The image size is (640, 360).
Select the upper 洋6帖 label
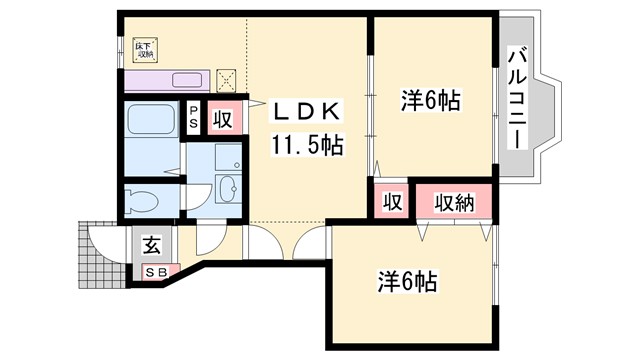[430, 102]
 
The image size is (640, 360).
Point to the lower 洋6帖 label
[408, 281]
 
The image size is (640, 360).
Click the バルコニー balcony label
[519, 97]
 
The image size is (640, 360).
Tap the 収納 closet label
[455, 201]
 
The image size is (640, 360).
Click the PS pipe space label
[192, 118]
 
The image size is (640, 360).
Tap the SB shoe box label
[157, 270]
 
